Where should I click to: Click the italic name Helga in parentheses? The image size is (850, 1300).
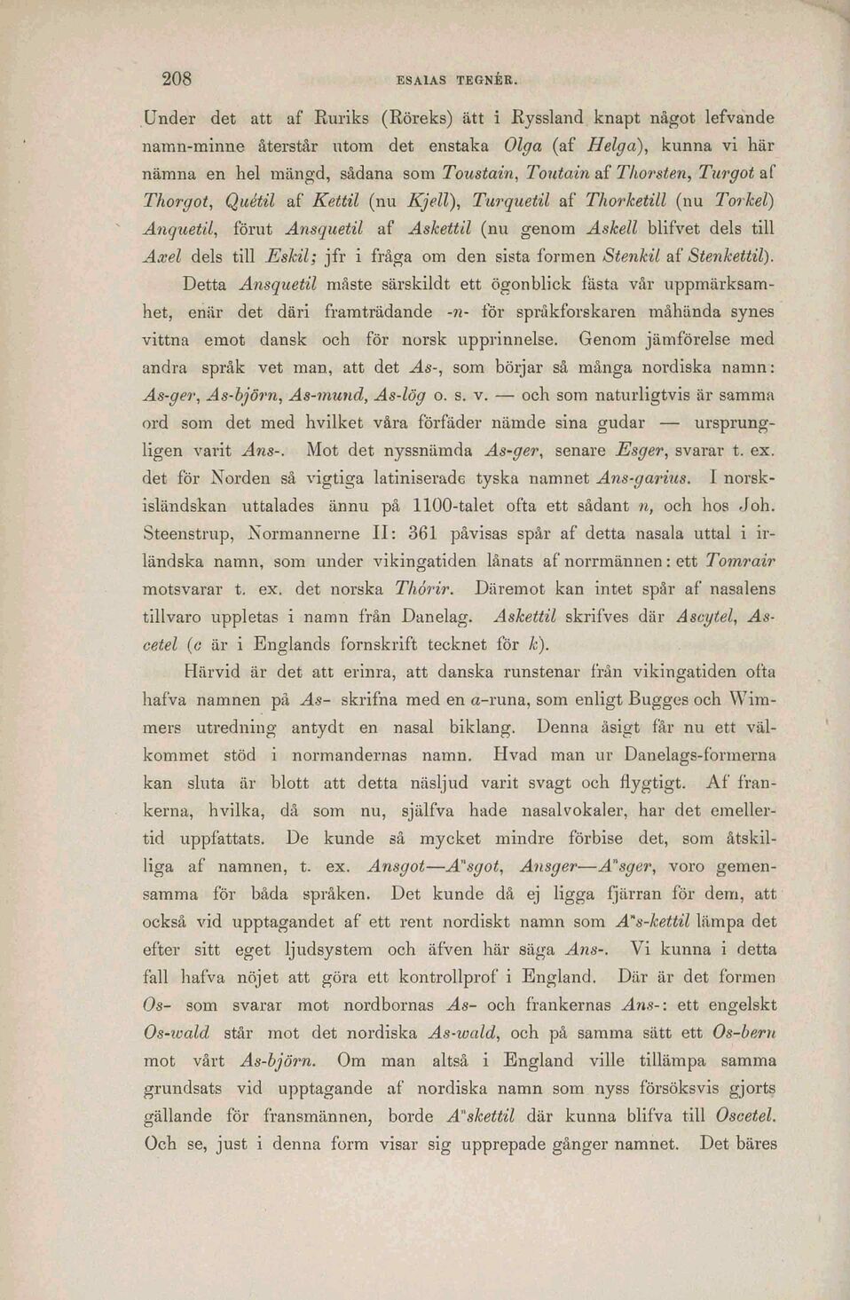[x=599, y=145]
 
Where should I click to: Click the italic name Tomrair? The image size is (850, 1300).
[x=741, y=561]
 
